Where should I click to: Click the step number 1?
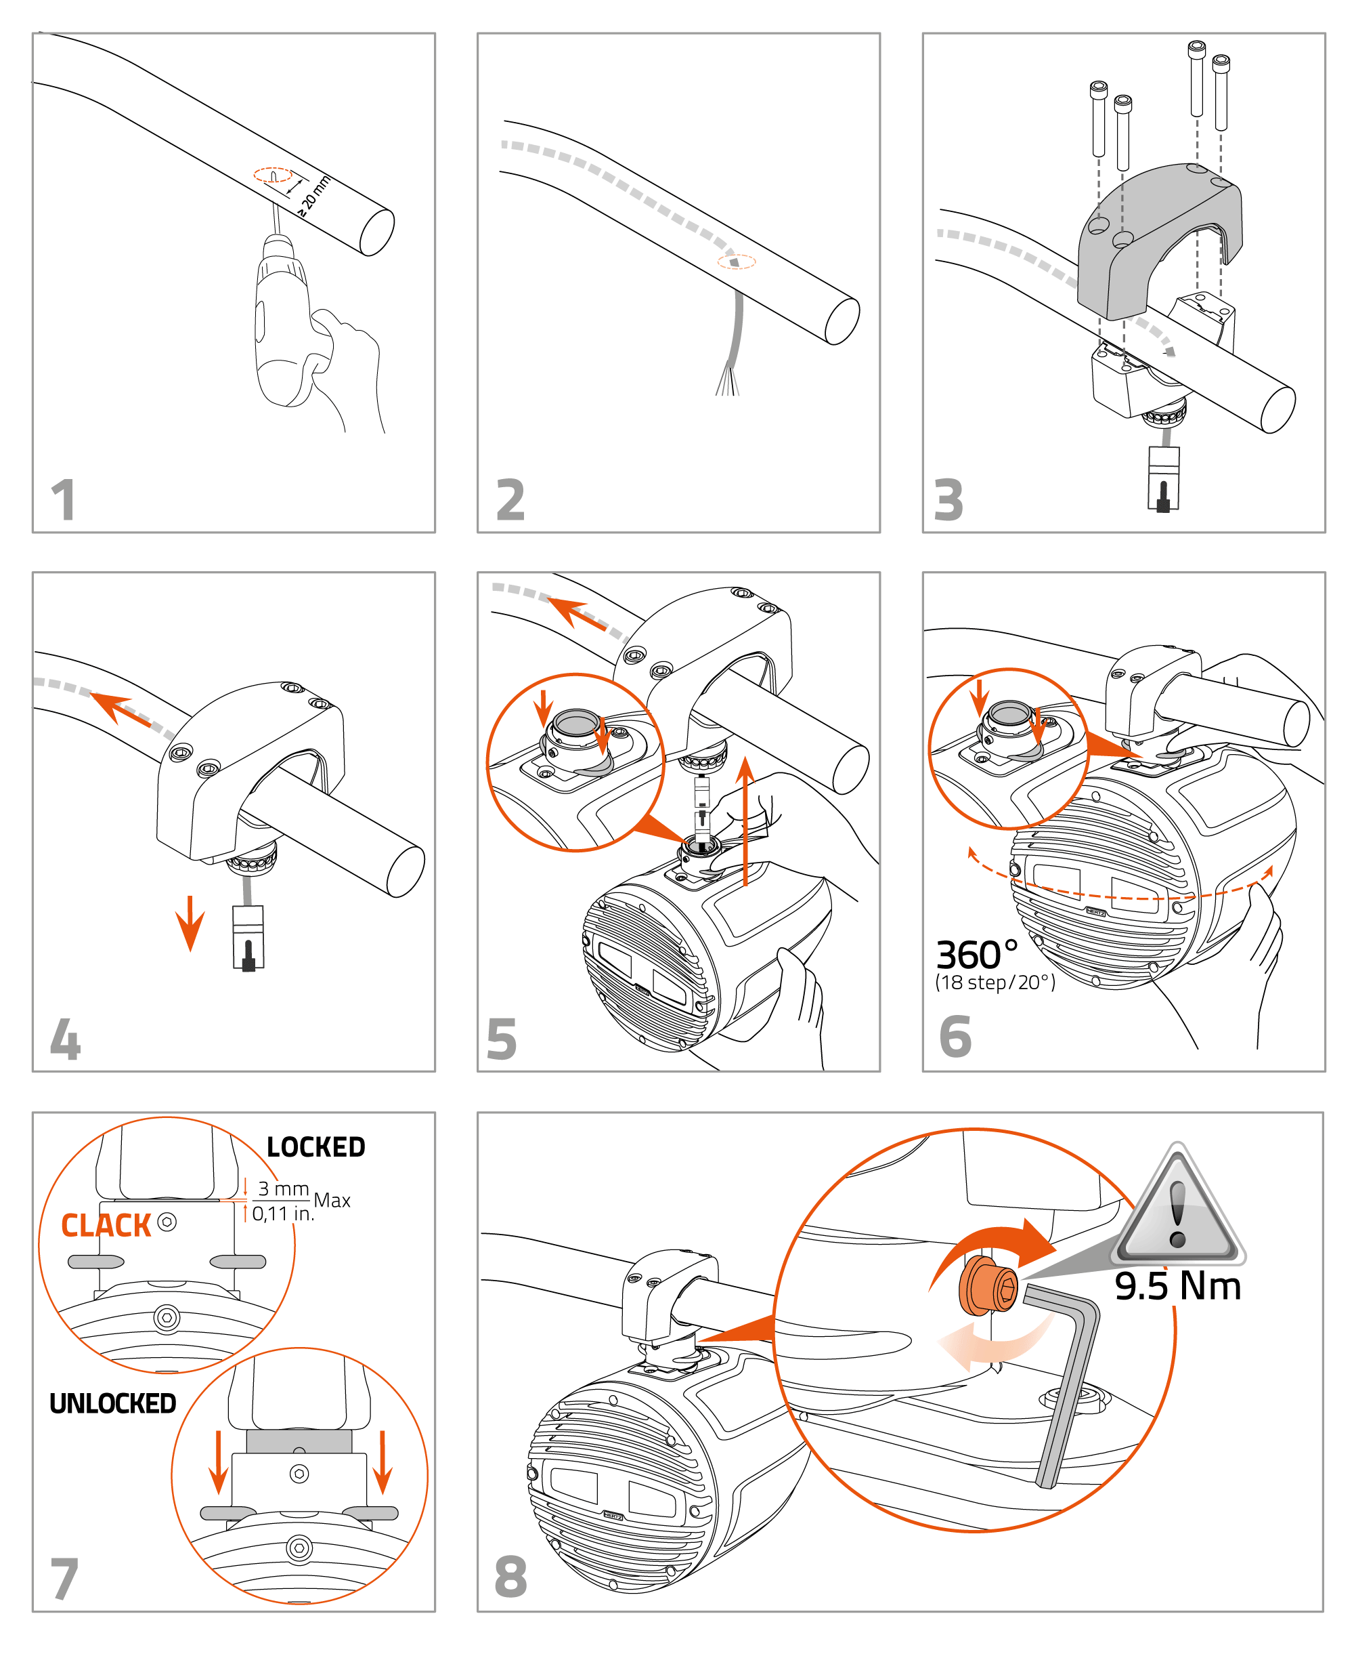pyautogui.click(x=63, y=500)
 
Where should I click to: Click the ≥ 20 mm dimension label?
pyautogui.click(x=314, y=196)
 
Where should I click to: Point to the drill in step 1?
pyautogui.click(x=285, y=328)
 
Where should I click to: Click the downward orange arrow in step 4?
pyautogui.click(x=190, y=924)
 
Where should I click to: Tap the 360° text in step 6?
pyautogui.click(x=976, y=955)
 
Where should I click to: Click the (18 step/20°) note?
pyautogui.click(x=995, y=982)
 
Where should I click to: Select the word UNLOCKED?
pyautogui.click(x=112, y=1404)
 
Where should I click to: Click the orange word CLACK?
pyautogui.click(x=106, y=1226)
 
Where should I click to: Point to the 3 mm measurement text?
pyautogui.click(x=283, y=1188)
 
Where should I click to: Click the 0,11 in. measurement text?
pyautogui.click(x=282, y=1214)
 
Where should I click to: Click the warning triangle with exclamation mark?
pyautogui.click(x=1178, y=1208)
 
